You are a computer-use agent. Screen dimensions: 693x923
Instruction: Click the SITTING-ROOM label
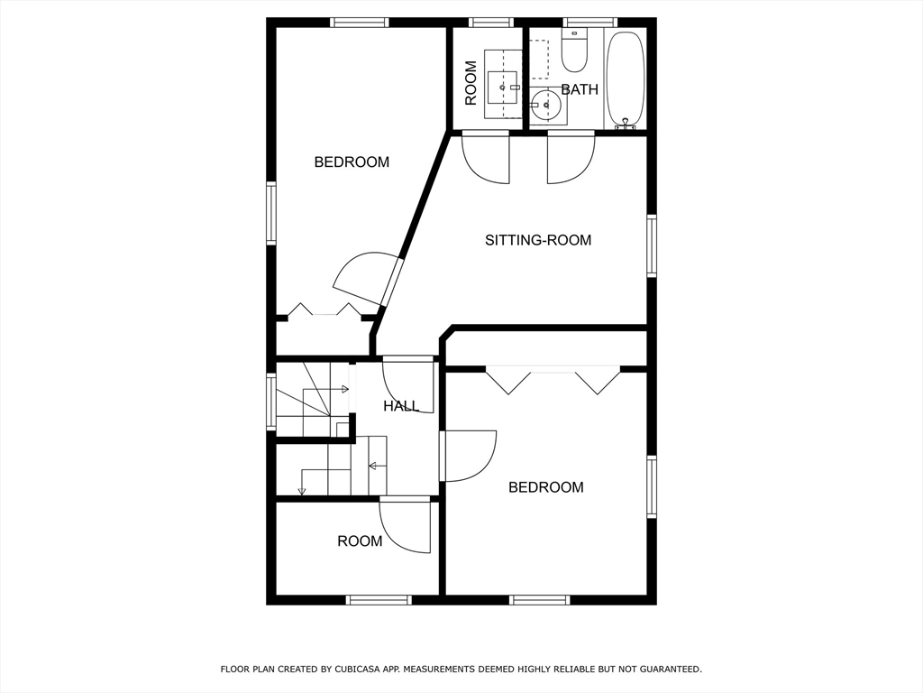[x=538, y=240]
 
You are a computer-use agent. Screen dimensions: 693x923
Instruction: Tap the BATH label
[x=580, y=89]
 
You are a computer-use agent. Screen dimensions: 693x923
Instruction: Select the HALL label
[x=401, y=406]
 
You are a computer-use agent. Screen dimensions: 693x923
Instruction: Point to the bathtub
[x=625, y=79]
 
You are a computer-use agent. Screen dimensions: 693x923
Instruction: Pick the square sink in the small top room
[x=502, y=88]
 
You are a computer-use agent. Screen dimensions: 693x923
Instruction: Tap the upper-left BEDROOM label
[x=352, y=162]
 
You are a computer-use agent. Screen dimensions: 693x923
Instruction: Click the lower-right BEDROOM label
[x=546, y=487]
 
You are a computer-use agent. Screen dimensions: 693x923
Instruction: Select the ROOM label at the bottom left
[x=360, y=541]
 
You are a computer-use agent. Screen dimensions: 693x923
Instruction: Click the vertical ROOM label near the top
[x=471, y=83]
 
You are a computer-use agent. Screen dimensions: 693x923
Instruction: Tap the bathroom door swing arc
[x=571, y=160]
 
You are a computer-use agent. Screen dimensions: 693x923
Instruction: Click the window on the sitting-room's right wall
[x=651, y=245]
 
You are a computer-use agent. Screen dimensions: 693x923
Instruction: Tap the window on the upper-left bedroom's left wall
[x=271, y=213]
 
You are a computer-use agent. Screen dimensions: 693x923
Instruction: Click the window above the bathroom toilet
[x=590, y=23]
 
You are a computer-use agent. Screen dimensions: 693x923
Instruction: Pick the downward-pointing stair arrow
[x=302, y=490]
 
